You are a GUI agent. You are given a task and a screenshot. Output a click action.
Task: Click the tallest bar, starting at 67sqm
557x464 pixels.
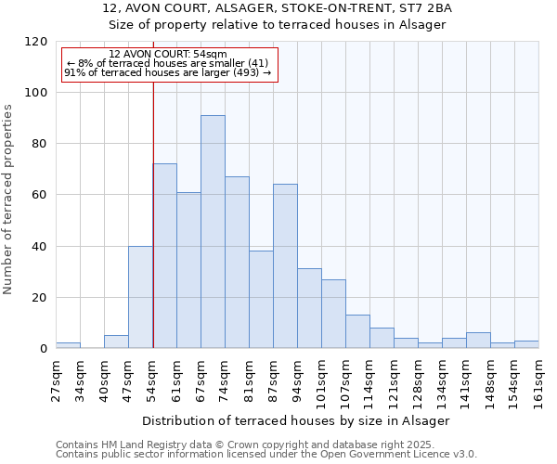tap(213, 232)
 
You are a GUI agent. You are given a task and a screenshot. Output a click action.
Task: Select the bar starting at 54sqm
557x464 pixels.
tap(164, 256)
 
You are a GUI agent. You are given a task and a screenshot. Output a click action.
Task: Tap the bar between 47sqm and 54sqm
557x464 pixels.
tap(140, 297)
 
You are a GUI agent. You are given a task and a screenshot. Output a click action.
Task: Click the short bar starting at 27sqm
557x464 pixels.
tap(68, 345)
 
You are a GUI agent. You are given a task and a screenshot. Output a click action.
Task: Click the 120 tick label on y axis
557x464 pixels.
tap(36, 42)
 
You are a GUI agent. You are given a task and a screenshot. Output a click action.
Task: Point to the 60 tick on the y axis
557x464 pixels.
tap(40, 195)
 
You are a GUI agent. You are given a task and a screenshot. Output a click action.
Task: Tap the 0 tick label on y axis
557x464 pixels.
tap(44, 349)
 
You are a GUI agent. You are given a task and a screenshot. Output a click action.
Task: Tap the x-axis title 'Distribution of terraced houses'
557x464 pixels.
tap(296, 420)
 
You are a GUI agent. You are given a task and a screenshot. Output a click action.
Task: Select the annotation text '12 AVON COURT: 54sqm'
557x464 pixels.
tap(162, 54)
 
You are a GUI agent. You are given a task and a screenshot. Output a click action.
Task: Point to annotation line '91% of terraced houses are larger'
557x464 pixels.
tap(167, 72)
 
